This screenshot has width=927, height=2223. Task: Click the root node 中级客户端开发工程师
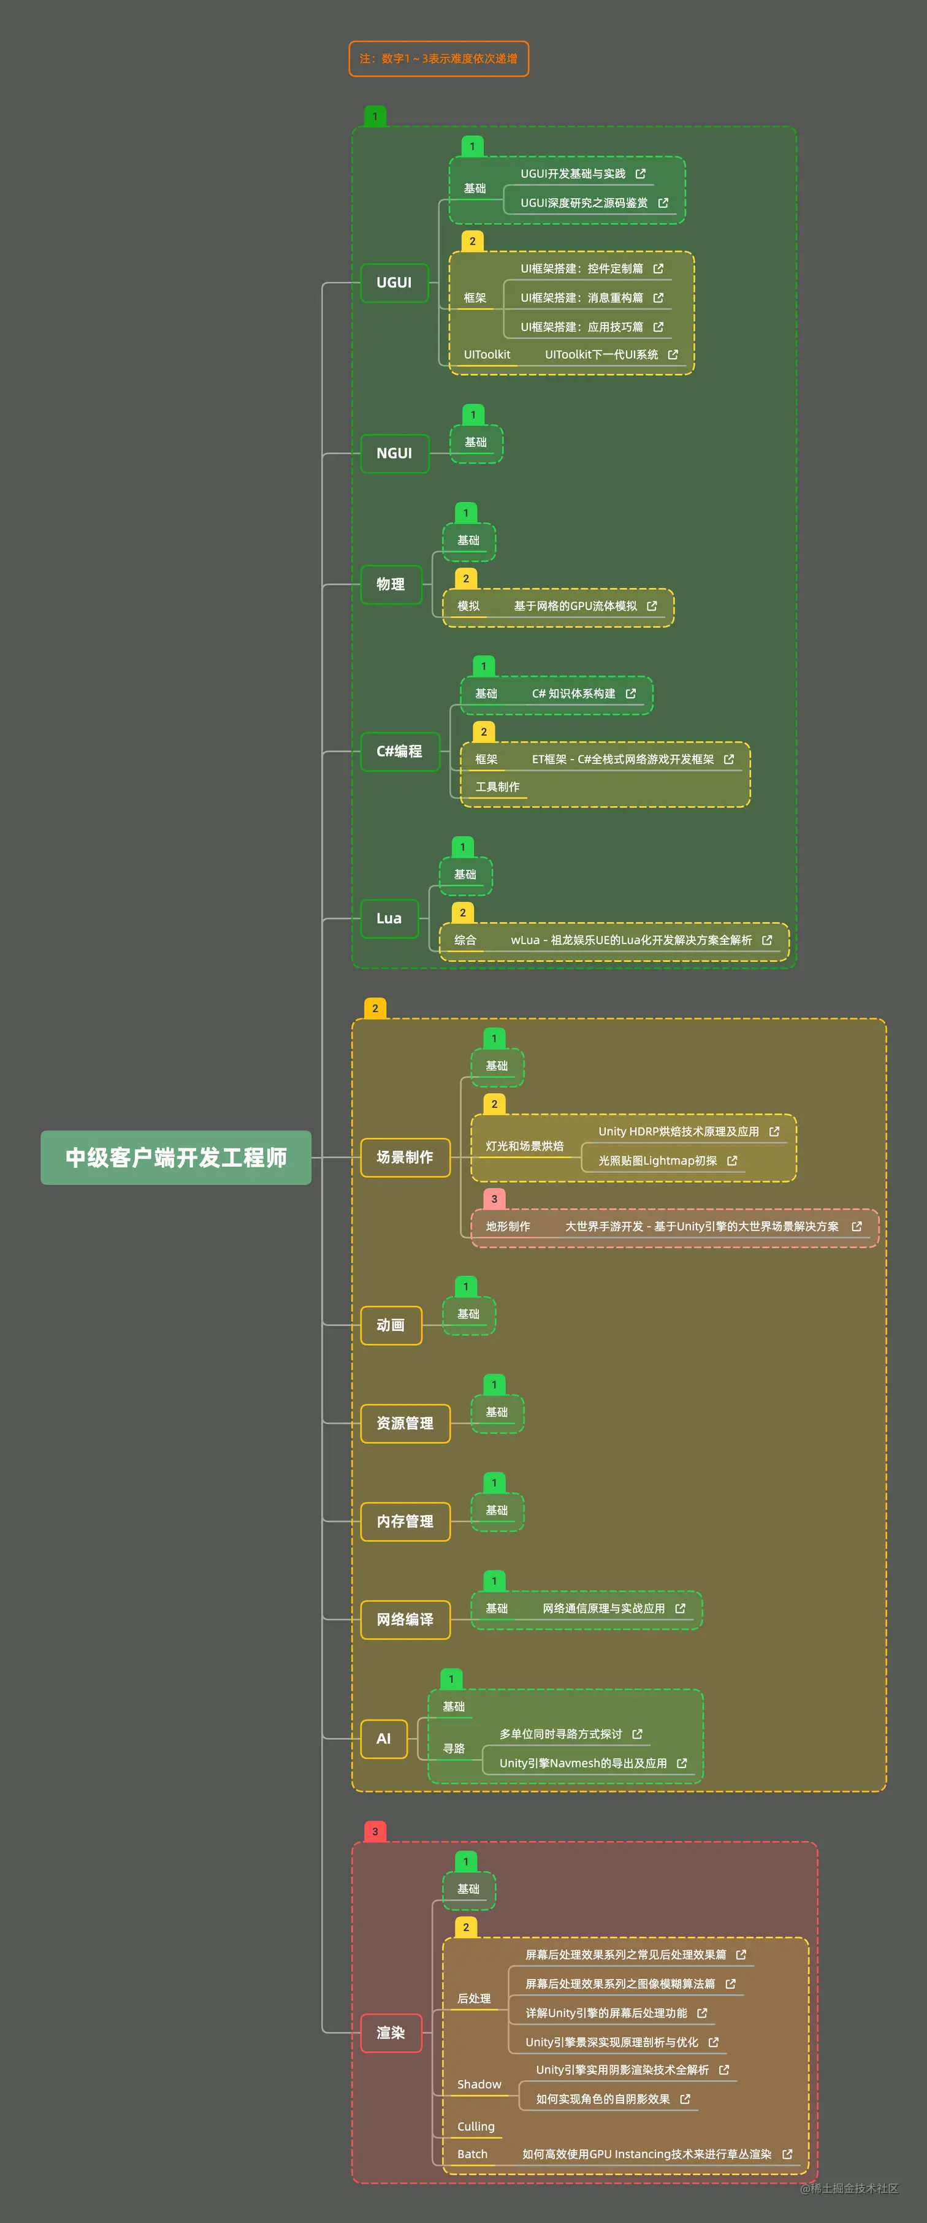coord(176,1157)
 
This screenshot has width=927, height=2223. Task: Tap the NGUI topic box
coord(394,454)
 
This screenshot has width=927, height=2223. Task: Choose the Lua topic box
coord(389,918)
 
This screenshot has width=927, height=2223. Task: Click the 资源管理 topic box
coord(405,1423)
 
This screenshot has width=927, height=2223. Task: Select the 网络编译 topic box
coord(405,1620)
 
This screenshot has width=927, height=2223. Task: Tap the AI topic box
coord(383,1739)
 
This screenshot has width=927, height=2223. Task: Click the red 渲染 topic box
coord(390,2033)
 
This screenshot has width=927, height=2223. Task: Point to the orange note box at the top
coord(438,59)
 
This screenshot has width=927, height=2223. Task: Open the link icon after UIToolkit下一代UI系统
coord(673,355)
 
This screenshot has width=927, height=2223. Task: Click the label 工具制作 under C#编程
coord(497,787)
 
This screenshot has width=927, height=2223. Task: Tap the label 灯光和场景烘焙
coord(525,1146)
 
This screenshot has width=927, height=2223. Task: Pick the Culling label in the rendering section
coord(476,2126)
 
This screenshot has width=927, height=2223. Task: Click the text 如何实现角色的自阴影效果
coord(603,2099)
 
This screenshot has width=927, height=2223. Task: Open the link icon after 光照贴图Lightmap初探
coord(732,1161)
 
